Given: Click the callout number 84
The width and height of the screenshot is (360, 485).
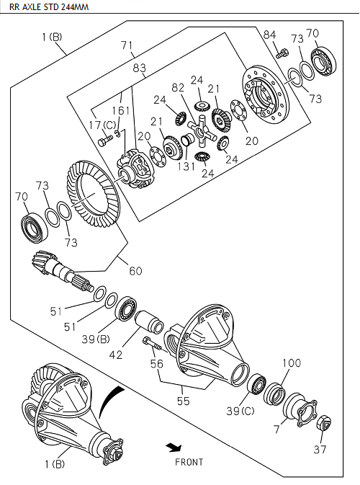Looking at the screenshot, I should tap(269, 35).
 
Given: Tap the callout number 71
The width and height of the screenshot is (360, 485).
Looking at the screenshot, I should tap(127, 45).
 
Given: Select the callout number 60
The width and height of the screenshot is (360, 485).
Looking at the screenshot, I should tap(135, 271).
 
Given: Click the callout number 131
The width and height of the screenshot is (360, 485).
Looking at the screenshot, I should tap(188, 165).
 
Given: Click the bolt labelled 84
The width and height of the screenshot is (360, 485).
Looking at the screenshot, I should tap(282, 51).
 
